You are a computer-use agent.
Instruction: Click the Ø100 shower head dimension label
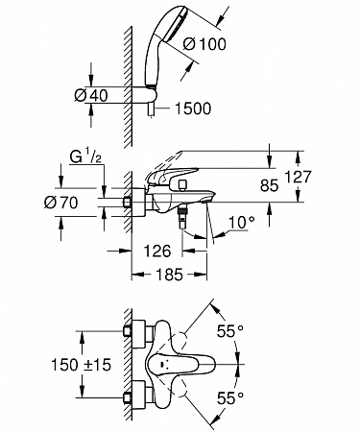pyautogui.click(x=204, y=44)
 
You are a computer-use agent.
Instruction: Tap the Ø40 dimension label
pyautogui.click(x=91, y=95)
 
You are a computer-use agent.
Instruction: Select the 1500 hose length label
pyautogui.click(x=193, y=108)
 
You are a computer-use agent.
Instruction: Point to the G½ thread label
pyautogui.click(x=85, y=158)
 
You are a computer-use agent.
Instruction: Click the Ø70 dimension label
pyautogui.click(x=60, y=203)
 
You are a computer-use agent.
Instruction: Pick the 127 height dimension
pyautogui.click(x=298, y=177)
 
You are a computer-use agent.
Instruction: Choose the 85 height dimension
pyautogui.click(x=269, y=185)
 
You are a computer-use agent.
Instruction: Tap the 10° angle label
pyautogui.click(x=242, y=222)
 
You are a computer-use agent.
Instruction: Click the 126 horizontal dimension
pyautogui.click(x=157, y=252)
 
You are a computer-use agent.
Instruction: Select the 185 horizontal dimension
pyautogui.click(x=170, y=275)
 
